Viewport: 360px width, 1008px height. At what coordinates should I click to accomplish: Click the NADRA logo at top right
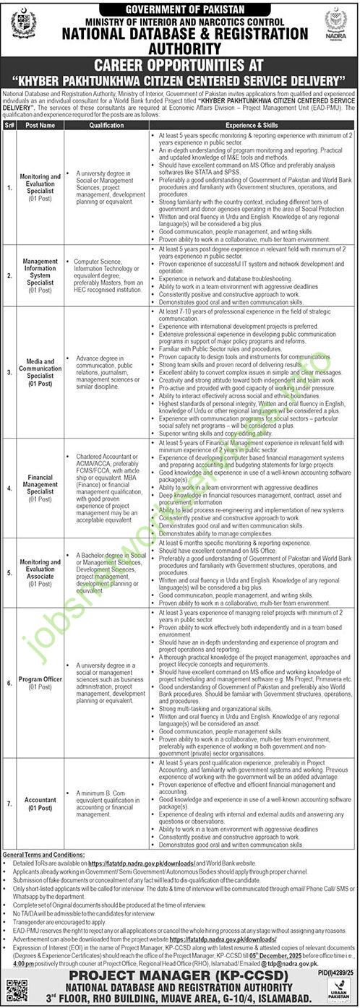pyautogui.click(x=336, y=24)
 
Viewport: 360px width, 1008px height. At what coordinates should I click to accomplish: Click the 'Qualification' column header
pyautogui.click(x=107, y=124)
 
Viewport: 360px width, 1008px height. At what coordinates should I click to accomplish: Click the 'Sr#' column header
pyautogui.click(x=9, y=124)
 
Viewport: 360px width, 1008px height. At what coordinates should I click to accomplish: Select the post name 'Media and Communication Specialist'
pyautogui.click(x=40, y=371)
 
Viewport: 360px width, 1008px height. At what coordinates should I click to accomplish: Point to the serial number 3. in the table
pyautogui.click(x=9, y=371)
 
